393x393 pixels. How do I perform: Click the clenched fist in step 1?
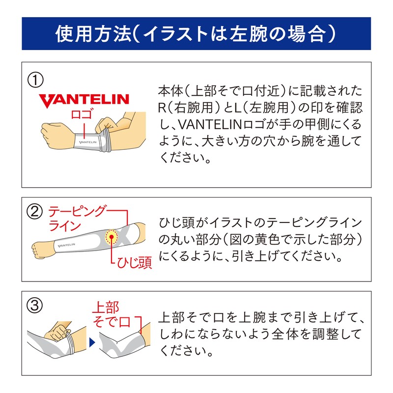tap(51, 133)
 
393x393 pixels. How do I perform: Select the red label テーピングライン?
tap(76, 219)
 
